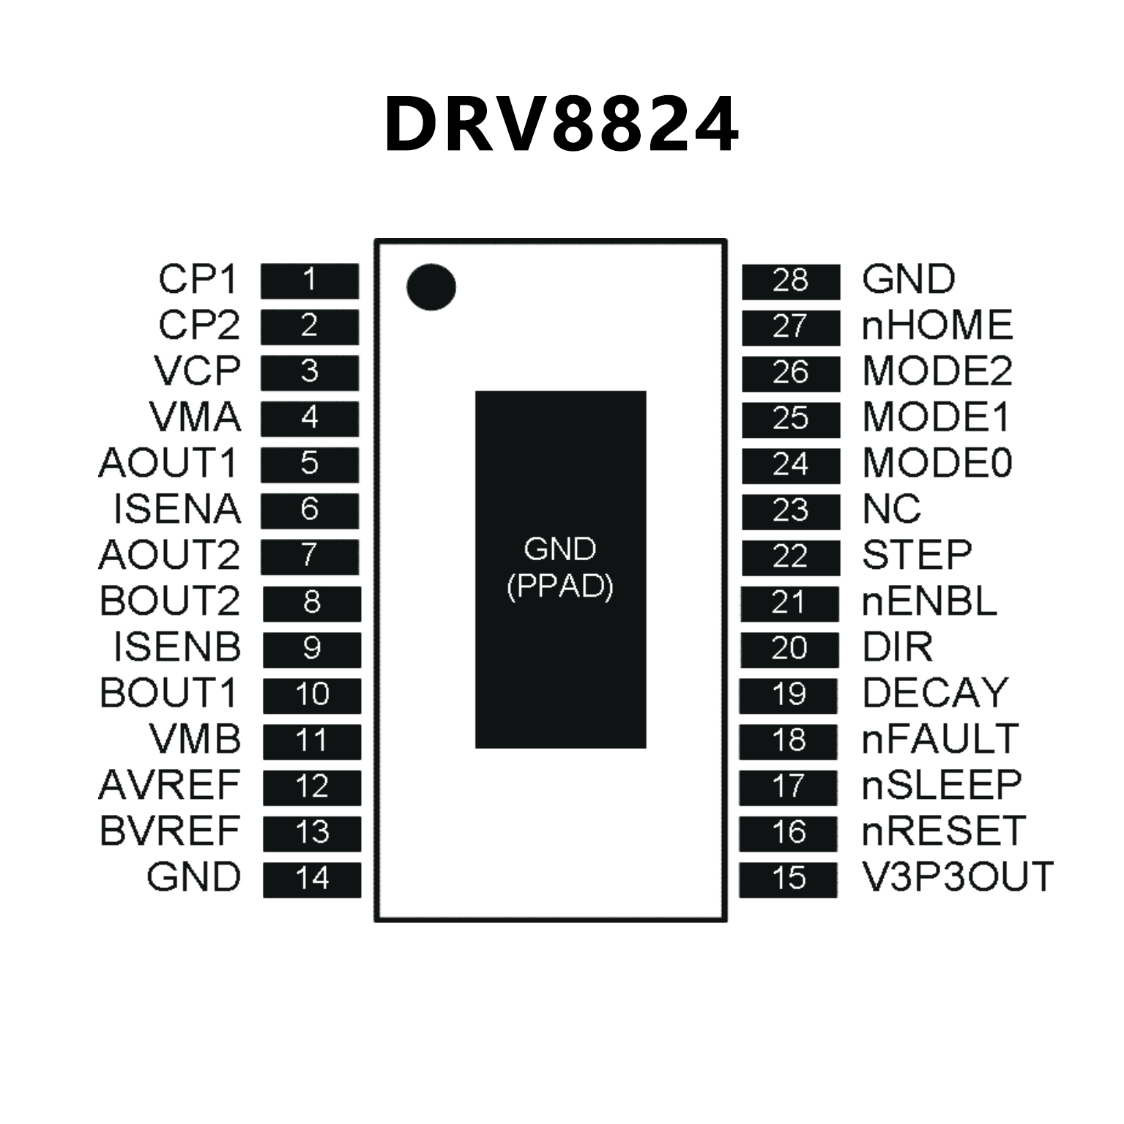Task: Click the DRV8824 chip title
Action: click(562, 124)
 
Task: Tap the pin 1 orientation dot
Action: click(431, 286)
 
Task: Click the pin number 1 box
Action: click(310, 280)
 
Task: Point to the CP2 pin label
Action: click(199, 325)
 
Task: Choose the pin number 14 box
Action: click(312, 879)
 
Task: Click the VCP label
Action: click(197, 371)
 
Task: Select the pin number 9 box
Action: click(312, 649)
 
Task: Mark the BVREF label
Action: click(170, 831)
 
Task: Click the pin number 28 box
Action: click(790, 280)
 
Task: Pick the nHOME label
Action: click(937, 326)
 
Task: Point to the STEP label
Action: click(917, 555)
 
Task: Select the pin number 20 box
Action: click(789, 649)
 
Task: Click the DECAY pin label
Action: click(935, 693)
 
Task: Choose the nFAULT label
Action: click(940, 739)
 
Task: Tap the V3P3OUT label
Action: click(958, 877)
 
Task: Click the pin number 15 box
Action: click(788, 879)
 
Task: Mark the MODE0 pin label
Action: click(937, 464)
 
